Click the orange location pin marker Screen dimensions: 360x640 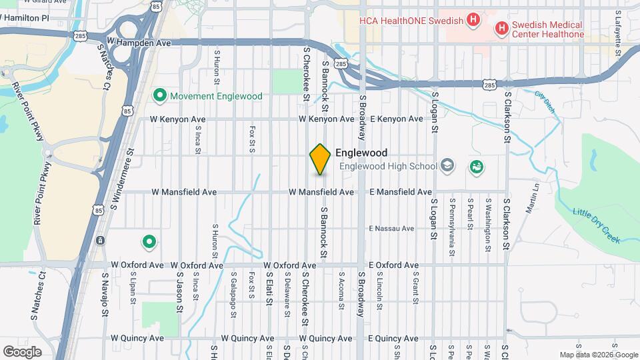point(320,159)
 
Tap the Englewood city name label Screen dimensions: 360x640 point(361,153)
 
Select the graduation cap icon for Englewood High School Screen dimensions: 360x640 point(447,166)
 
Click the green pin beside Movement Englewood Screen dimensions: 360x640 point(159,96)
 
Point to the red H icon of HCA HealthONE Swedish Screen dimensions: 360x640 point(473,20)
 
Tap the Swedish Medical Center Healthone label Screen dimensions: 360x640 point(547,29)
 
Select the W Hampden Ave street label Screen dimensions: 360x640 point(139,42)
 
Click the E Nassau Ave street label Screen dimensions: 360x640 point(391,229)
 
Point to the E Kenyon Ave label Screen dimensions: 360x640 point(396,119)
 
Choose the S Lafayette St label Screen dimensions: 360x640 point(618,30)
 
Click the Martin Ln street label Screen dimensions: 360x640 point(531,198)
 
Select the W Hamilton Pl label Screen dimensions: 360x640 point(25,18)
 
